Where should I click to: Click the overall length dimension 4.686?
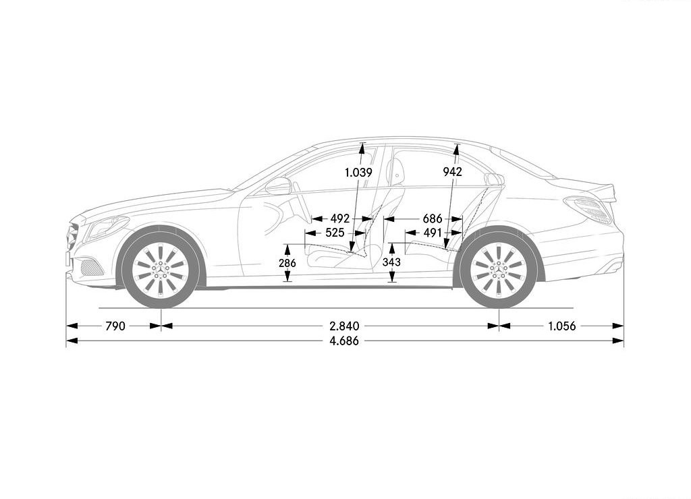(344, 341)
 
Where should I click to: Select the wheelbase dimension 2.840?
(344, 326)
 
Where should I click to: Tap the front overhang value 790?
(115, 326)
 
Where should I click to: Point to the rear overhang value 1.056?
(562, 326)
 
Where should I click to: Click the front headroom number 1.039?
(358, 172)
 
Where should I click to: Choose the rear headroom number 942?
(453, 172)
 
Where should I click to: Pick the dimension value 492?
(340, 218)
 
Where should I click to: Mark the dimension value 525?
(335, 232)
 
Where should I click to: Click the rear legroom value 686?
(433, 218)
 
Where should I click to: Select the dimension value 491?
(432, 232)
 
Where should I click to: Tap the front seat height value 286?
(287, 263)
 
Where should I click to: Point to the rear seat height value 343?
(391, 262)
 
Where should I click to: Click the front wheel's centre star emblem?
(161, 268)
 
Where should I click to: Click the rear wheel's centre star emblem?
(499, 268)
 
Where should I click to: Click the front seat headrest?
(396, 171)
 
